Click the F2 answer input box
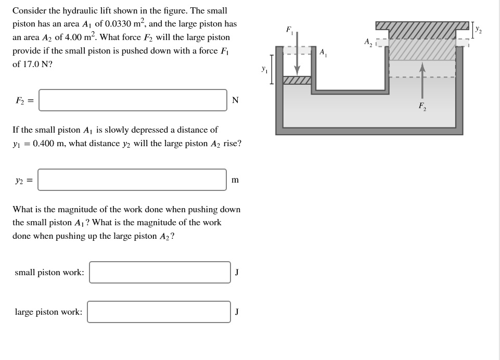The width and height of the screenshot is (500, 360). point(133,100)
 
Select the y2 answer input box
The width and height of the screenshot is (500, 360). point(132,180)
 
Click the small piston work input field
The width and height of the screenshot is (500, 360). point(160,273)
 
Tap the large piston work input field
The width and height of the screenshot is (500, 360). point(159,312)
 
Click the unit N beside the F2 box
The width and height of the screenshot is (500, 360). point(235,100)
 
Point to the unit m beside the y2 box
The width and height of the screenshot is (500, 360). point(235,180)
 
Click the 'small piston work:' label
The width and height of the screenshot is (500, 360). point(49,273)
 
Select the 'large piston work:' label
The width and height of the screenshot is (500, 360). point(48,312)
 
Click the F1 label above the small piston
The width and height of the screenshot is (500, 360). point(289,30)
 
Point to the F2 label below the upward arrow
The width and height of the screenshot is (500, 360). point(422,106)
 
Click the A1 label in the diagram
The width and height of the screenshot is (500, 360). point(323,52)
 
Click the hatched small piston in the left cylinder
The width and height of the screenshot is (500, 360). point(297,80)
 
